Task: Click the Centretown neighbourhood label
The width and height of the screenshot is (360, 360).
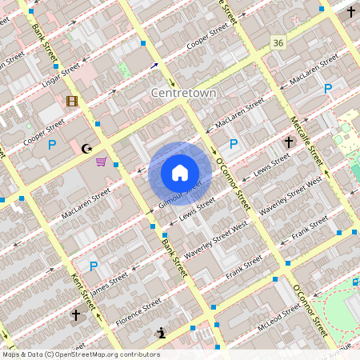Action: pos(184,94)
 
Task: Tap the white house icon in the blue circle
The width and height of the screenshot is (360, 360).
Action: pos(180,172)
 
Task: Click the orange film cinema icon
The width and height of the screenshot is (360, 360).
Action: pos(72,101)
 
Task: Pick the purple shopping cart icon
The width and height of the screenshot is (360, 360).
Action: pos(101,162)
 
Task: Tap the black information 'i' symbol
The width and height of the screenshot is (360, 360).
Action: pos(162,333)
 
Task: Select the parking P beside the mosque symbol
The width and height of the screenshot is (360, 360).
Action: pos(52,145)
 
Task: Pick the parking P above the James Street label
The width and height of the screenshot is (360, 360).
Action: pos(93,266)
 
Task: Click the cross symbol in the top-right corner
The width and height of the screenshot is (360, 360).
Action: pos(351,12)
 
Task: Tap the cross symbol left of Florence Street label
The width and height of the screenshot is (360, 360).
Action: pos(76,315)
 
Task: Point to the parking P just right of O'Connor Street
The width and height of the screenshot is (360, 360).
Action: pos(234,144)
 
